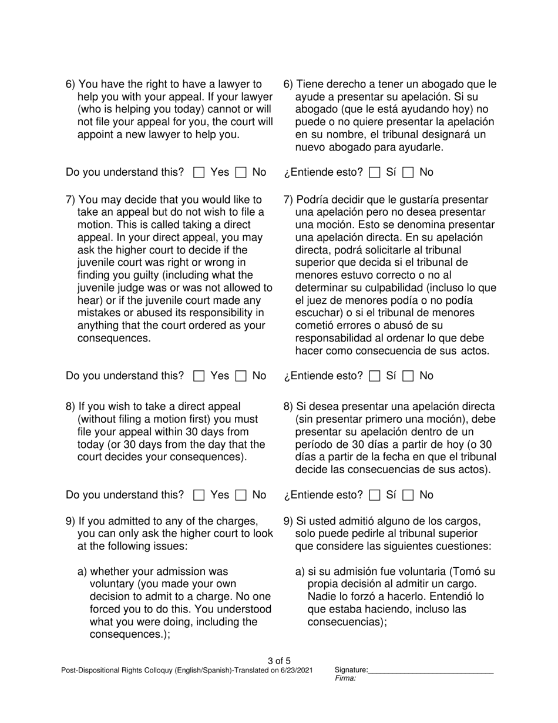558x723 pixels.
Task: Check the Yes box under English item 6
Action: [199, 173]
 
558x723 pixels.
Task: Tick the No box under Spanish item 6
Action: [409, 173]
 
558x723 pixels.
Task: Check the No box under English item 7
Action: [241, 376]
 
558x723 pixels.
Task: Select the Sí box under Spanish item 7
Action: [375, 376]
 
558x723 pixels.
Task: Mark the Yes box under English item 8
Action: [199, 496]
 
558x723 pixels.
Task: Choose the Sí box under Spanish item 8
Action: [375, 496]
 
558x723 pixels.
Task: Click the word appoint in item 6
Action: [95, 135]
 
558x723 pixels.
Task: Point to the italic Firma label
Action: [345, 678]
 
